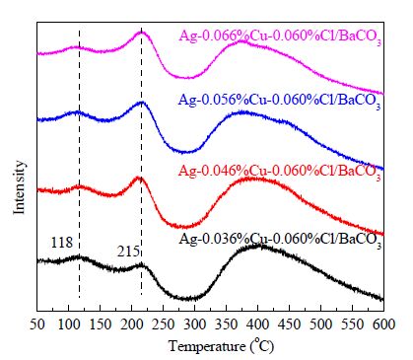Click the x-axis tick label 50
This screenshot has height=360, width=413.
(x=37, y=324)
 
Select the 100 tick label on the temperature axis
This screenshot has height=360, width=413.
(x=68, y=324)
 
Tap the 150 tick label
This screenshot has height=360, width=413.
(x=101, y=324)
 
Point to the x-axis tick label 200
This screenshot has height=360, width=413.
(x=132, y=324)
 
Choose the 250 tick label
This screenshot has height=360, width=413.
(x=164, y=324)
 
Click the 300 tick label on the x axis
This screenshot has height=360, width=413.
(x=195, y=324)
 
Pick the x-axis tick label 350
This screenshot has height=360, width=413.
(x=227, y=324)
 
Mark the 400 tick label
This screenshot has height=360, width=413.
(x=258, y=324)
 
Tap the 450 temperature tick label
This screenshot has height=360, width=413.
(x=290, y=324)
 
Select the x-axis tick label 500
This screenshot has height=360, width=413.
(x=321, y=324)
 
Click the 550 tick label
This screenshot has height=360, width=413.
(x=353, y=324)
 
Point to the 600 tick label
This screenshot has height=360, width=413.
(x=383, y=324)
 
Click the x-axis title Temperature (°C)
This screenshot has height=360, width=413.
(x=221, y=346)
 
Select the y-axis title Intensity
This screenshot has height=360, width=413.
(x=20, y=187)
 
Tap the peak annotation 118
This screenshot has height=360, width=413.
(x=61, y=243)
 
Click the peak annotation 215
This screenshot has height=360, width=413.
(x=128, y=252)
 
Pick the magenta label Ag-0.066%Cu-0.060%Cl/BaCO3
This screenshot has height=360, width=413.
(x=280, y=37)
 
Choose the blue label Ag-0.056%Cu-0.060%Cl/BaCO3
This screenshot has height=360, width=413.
(x=279, y=101)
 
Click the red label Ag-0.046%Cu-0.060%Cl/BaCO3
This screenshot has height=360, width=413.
(x=279, y=172)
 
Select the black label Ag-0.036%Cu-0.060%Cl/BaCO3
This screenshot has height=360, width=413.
(x=280, y=240)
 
